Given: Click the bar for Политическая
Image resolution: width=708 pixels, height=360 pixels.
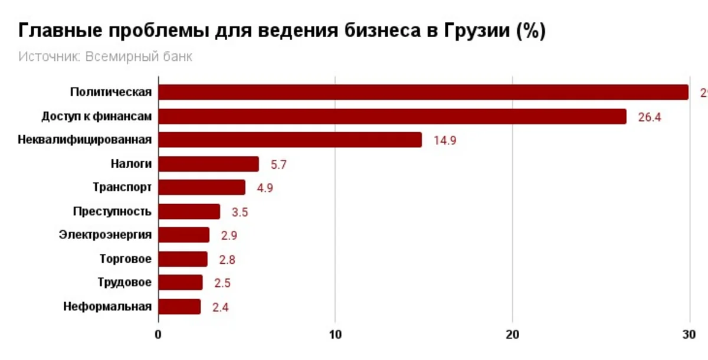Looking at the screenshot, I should tap(423, 92).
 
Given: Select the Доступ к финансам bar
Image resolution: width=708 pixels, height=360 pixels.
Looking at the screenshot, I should tap(392, 116).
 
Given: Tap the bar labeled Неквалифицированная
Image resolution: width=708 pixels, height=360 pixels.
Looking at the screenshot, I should tap(290, 140).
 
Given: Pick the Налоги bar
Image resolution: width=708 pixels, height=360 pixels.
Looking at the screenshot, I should tap(209, 164).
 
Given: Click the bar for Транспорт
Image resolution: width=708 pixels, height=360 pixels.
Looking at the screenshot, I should tap(202, 188).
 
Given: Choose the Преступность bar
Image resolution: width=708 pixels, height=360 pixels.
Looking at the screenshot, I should tap(189, 211).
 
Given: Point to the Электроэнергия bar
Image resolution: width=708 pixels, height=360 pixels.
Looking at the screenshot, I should tap(184, 235).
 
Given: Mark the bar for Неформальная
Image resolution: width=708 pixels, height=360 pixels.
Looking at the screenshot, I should tap(180, 307).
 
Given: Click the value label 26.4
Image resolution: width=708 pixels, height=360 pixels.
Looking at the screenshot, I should tap(650, 117).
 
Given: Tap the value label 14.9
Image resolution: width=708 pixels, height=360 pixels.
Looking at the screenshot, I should tap(445, 140).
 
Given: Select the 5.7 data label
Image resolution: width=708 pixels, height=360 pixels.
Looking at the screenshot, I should tap(278, 165).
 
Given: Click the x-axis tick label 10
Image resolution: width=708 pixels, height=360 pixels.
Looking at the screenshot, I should tap(335, 335).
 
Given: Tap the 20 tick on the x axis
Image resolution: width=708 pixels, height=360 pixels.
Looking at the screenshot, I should tap(512, 335).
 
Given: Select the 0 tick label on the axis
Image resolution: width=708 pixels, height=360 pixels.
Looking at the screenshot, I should tap(158, 335).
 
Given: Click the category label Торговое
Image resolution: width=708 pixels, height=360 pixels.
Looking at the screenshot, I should tap(126, 259).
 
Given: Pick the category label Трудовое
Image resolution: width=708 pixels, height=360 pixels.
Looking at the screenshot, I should tap(124, 283).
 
